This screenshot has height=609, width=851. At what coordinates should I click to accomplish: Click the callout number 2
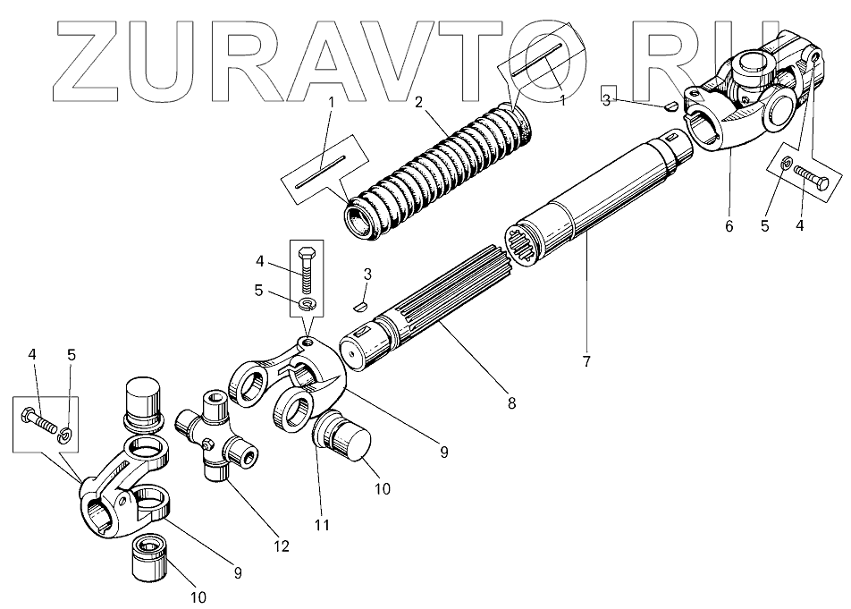pyautogui.click(x=418, y=101)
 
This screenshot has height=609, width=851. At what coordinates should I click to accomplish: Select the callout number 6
pyautogui.click(x=729, y=226)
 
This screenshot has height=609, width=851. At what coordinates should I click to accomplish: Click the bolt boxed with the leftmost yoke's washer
pyautogui.click(x=39, y=416)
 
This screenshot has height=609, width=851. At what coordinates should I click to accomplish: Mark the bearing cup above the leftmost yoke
pyautogui.click(x=143, y=402)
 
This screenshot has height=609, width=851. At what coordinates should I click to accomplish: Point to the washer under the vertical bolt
pyautogui.click(x=307, y=306)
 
